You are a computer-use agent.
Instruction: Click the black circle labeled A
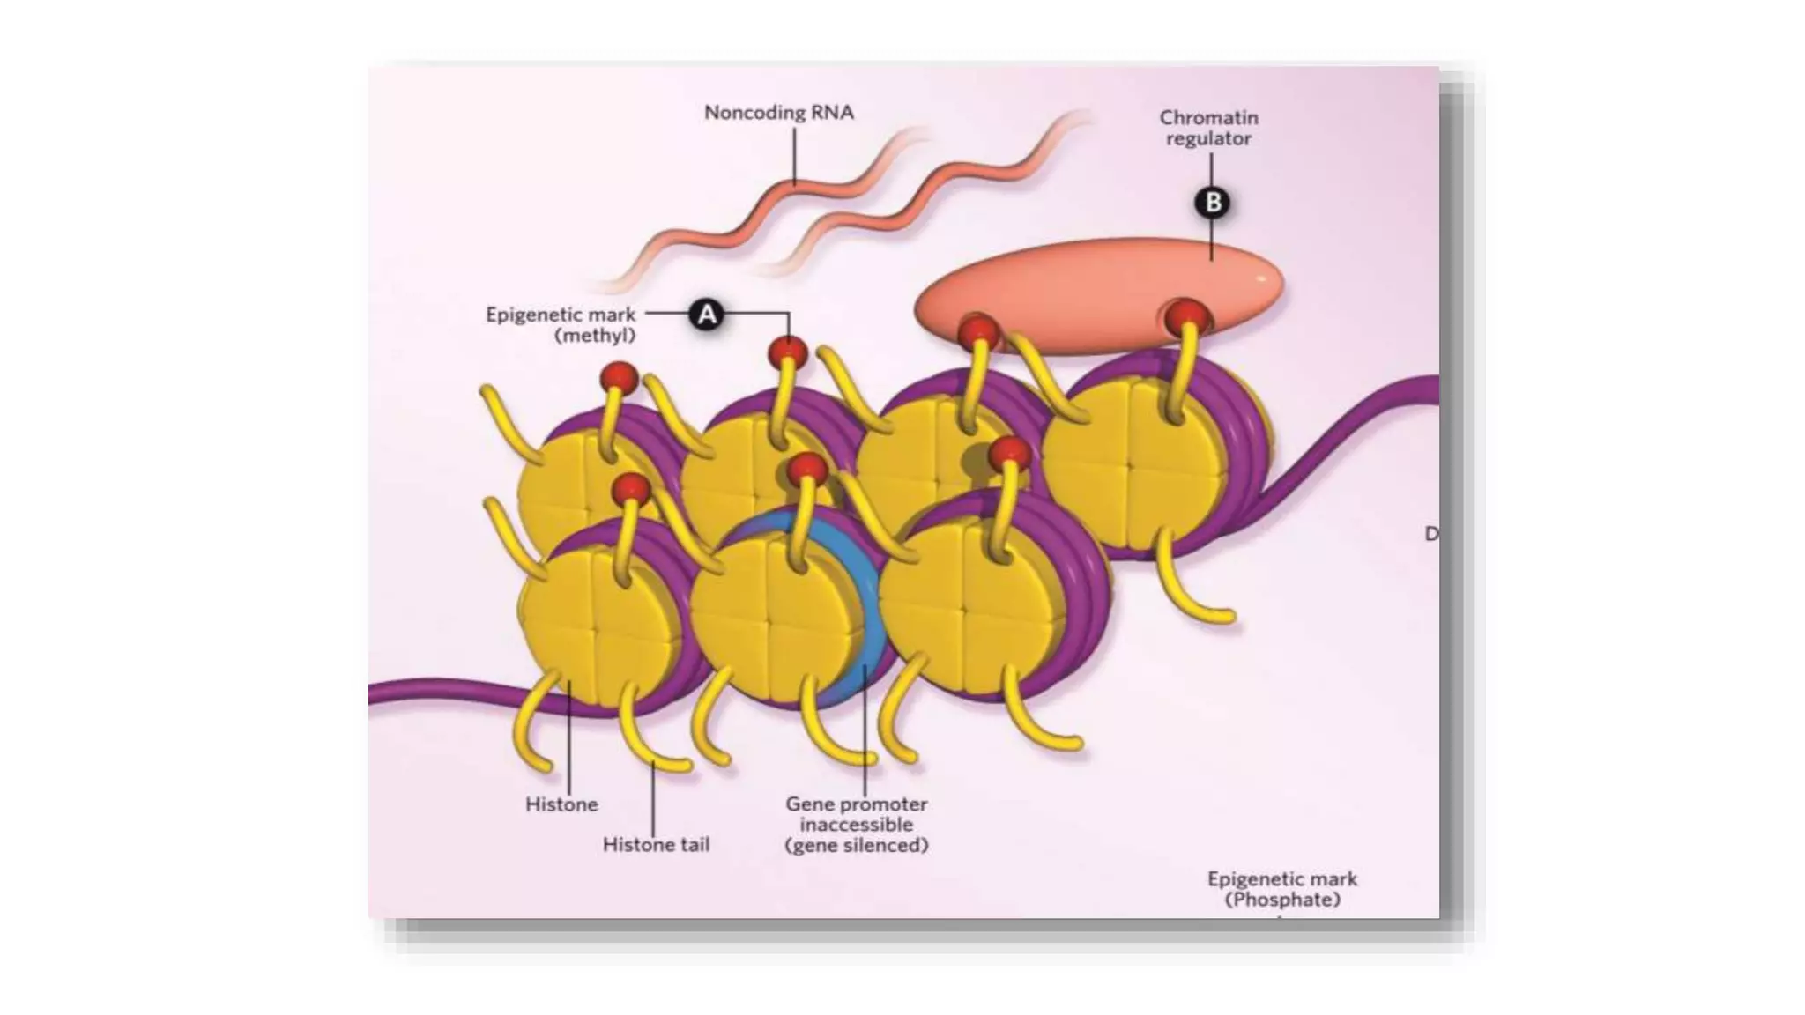tap(707, 315)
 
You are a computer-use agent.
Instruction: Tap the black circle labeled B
tap(1213, 203)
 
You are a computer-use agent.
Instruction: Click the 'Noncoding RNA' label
tap(778, 113)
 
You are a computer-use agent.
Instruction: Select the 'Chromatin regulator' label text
tap(1208, 128)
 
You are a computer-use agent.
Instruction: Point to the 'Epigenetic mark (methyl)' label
tap(561, 324)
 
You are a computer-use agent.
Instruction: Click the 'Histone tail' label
tap(656, 844)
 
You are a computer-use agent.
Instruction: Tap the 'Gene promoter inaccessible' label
tap(856, 824)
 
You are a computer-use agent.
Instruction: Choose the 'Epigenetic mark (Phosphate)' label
tap(1282, 889)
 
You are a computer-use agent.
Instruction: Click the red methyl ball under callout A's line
tap(788, 353)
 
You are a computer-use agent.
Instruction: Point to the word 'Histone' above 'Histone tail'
tap(561, 804)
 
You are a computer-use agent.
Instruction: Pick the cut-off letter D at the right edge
tap(1431, 534)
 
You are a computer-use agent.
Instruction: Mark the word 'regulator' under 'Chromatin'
tap(1208, 138)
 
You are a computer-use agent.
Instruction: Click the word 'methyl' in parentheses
tap(595, 335)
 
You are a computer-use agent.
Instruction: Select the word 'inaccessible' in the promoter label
tap(856, 825)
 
